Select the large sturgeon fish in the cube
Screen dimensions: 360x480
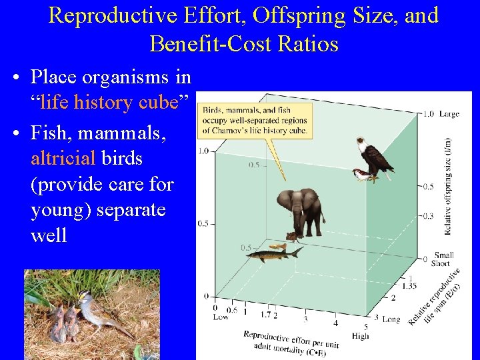click(273, 254)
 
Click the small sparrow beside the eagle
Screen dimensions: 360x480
click(361, 175)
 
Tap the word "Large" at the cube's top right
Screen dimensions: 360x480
click(449, 114)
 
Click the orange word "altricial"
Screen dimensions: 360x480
click(64, 158)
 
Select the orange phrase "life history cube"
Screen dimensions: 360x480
click(109, 102)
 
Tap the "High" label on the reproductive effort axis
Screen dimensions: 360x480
click(359, 336)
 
